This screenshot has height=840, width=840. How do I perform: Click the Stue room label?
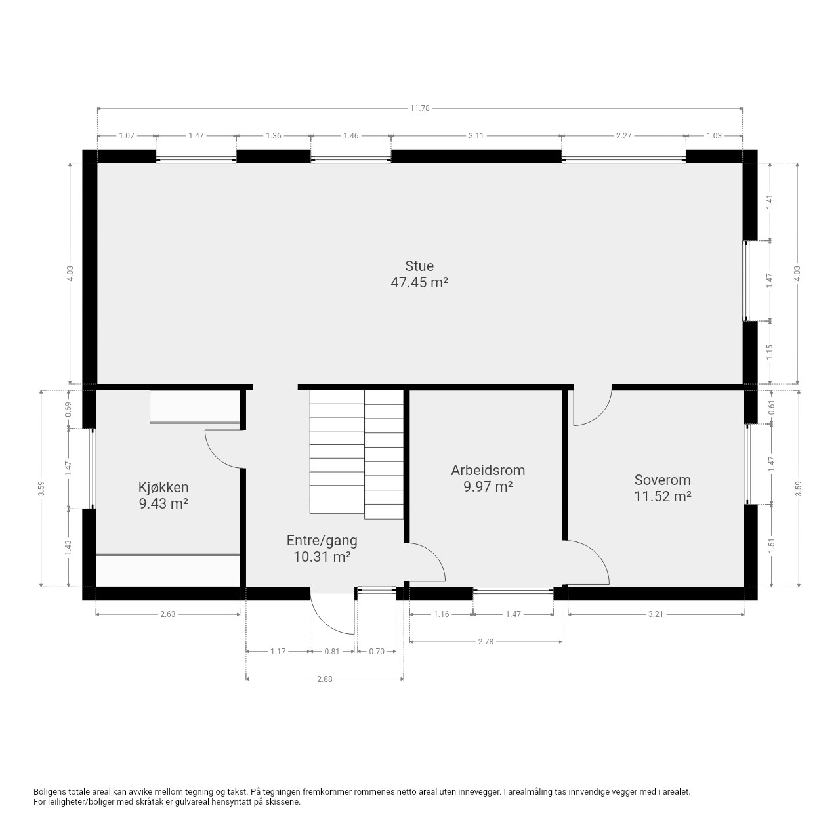pos(419,266)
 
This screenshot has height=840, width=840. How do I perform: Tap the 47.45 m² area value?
pos(419,282)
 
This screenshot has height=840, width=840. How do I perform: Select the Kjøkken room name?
pos(163,488)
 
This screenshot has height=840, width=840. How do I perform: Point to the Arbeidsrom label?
pos(488,471)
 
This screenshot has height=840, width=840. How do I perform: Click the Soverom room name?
pos(662,480)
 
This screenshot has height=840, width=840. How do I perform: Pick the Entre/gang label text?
pos(322,541)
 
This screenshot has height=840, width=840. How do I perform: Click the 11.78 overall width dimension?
pos(419,108)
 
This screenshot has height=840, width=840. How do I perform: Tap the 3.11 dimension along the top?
pos(476,136)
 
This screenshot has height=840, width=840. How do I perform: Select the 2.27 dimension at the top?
pos(623,136)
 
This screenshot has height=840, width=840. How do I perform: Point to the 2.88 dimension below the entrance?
pos(325,679)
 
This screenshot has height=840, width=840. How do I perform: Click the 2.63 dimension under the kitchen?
pos(167,614)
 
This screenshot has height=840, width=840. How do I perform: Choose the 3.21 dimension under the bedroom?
pos(656,614)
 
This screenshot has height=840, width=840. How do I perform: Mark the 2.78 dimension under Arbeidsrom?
pos(486,642)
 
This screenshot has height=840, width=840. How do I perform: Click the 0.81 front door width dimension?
pos(331,652)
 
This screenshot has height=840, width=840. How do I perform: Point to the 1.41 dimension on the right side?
pos(770,201)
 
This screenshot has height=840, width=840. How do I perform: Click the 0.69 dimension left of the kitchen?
pos(68,409)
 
